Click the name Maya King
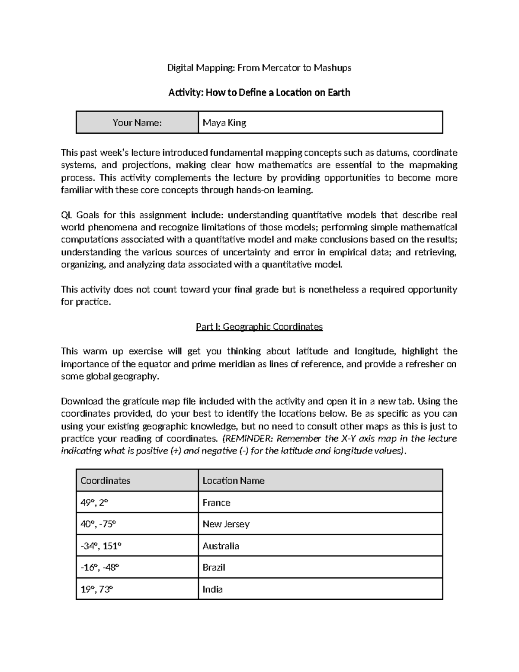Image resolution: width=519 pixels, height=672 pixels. coord(224,123)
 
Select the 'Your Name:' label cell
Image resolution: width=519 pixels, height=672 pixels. coord(137,123)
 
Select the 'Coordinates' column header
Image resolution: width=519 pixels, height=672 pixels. coord(105,481)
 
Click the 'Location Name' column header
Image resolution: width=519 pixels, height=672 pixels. coord(233,481)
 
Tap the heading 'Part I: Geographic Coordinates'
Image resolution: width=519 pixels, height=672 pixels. coord(259,327)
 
